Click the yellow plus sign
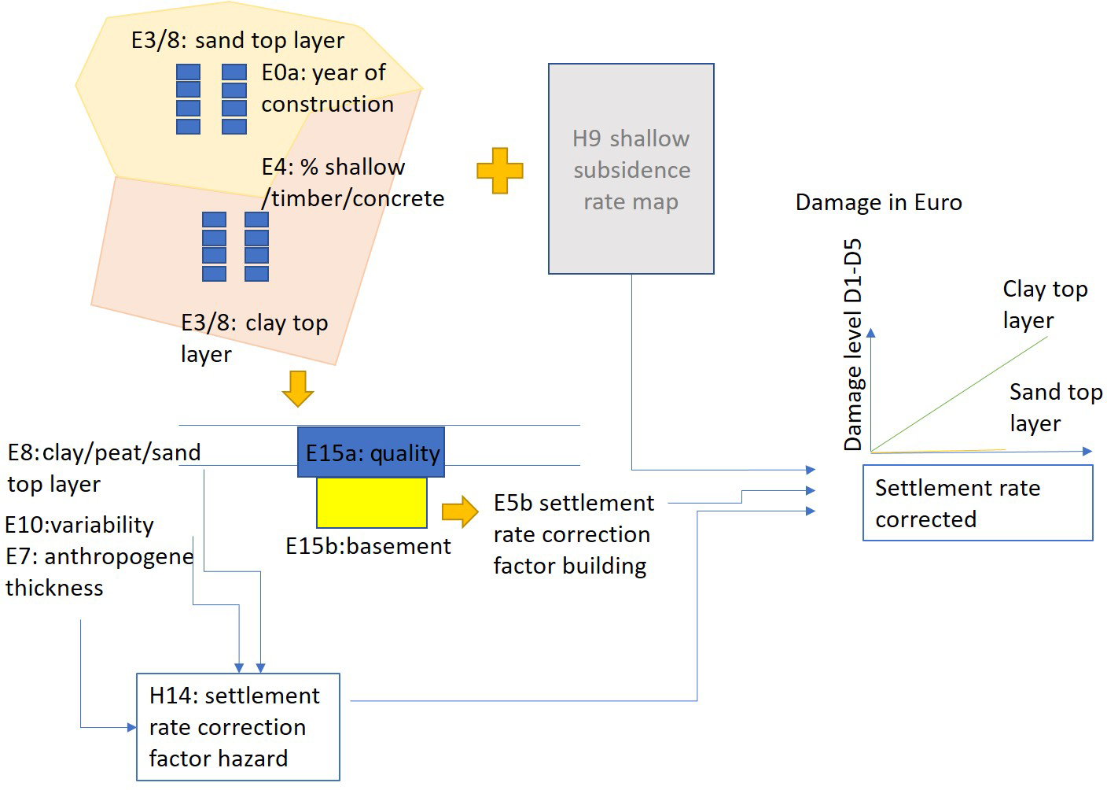point(500,171)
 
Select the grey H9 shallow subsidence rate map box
point(631,169)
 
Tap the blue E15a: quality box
point(371,452)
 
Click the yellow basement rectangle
point(372,503)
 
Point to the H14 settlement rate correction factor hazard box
point(237,727)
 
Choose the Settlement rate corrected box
point(977,503)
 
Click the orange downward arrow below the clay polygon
point(298,388)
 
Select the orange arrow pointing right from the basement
point(460,512)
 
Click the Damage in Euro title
point(878,202)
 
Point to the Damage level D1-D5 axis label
point(852,345)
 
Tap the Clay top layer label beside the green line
point(1044,305)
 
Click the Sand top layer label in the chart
point(1055,407)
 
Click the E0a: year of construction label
point(327,88)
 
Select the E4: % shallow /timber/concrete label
point(352,183)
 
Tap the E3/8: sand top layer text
point(237,40)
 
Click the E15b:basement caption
point(368,546)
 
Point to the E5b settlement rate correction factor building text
point(573,534)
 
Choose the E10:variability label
point(79,525)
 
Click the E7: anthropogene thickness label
point(98,572)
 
